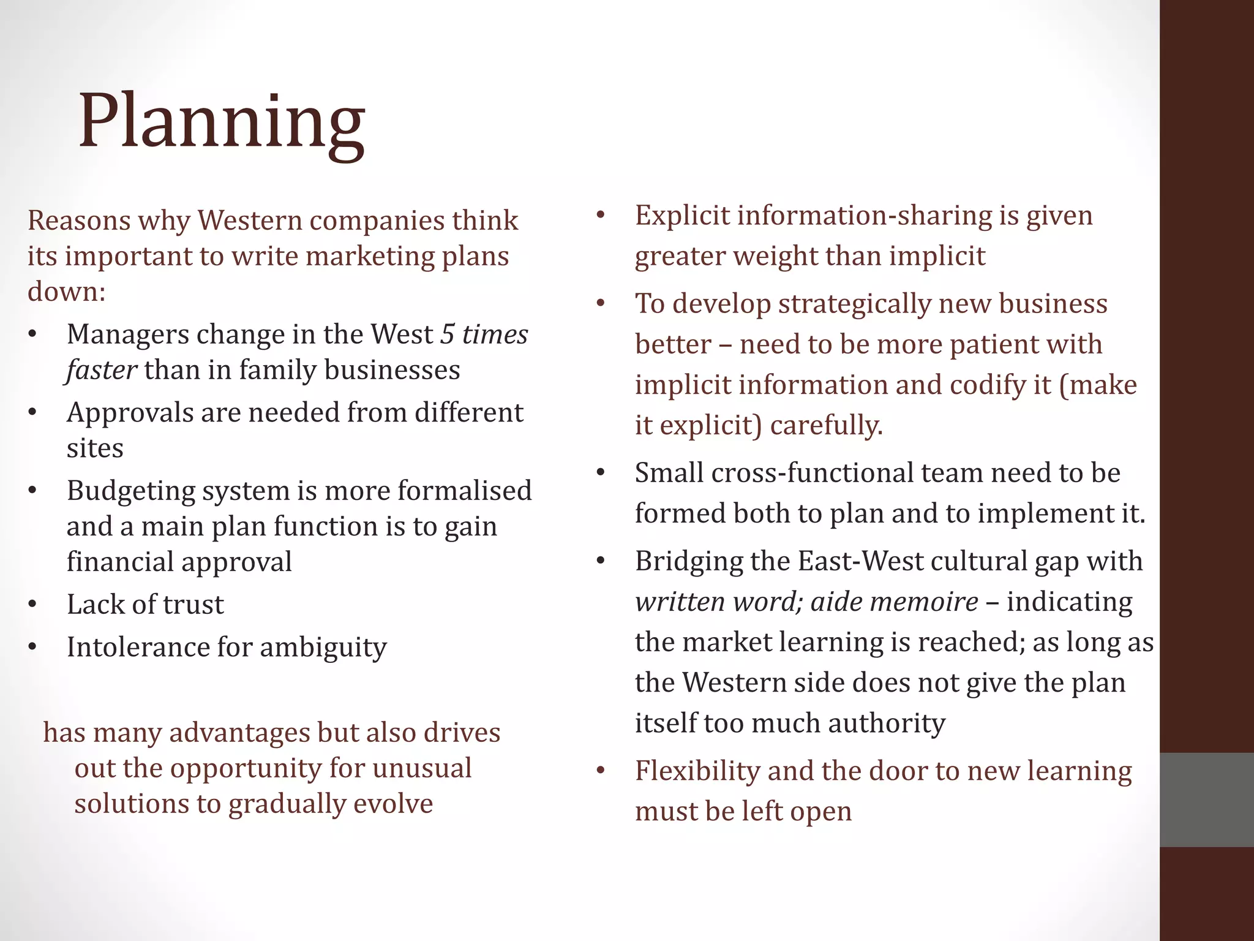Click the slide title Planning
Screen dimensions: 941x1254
click(x=222, y=123)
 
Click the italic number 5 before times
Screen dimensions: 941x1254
click(x=448, y=334)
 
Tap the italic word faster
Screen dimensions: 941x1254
click(x=102, y=370)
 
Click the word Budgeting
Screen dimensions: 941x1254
click(x=130, y=491)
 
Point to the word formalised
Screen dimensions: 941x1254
click(x=465, y=491)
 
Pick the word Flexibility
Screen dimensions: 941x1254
click(x=697, y=771)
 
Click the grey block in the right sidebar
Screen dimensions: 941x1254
click(x=1206, y=799)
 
